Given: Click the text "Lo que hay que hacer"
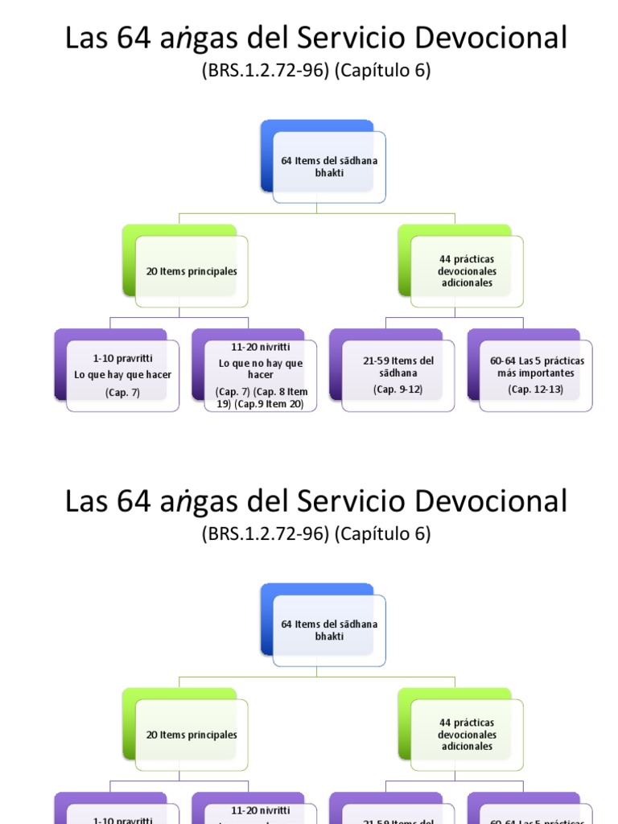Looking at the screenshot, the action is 123,374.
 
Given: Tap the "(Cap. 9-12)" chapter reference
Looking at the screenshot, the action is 398,389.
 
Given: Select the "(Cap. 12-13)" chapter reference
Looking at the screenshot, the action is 535,389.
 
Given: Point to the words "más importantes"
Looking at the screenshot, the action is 535,373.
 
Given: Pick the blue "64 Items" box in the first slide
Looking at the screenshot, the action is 329,167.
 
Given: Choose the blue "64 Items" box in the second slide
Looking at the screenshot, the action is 329,630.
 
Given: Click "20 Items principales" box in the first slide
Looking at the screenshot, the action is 192,272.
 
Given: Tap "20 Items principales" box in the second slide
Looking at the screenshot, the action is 192,735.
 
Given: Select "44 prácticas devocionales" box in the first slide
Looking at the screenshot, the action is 467,271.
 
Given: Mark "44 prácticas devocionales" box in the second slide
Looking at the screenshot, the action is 467,734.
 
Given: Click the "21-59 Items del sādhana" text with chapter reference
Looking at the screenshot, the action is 398,367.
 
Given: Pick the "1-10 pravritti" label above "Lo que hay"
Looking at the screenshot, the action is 123,359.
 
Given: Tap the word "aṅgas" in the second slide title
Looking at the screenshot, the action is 200,502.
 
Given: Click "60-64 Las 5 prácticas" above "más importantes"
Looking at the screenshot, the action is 537,360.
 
